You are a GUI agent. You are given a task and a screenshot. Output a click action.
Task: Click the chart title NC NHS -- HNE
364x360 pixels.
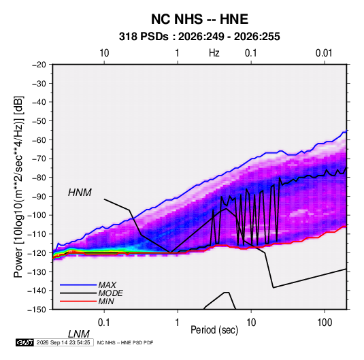tap(199, 19)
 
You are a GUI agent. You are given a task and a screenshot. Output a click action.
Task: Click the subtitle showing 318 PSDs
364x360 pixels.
tap(199, 37)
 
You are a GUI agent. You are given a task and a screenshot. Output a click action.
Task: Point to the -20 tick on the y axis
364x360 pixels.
tap(39, 65)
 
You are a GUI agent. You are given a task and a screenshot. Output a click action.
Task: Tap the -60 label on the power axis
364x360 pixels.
tap(39, 140)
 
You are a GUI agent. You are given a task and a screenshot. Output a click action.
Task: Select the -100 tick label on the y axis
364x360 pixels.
tap(37, 215)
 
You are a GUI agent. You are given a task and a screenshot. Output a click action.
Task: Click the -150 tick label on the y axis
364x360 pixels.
tap(37, 310)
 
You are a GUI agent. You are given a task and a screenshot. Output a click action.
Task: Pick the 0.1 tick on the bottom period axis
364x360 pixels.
tap(104, 323)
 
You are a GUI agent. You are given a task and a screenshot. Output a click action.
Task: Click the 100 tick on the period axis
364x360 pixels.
tap(325, 323)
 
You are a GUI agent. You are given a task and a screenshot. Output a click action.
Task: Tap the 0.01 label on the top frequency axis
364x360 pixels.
tap(324, 53)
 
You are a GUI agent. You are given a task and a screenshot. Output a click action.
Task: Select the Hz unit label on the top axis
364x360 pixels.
tap(214, 53)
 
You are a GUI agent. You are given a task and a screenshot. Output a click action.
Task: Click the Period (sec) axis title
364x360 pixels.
tap(214, 330)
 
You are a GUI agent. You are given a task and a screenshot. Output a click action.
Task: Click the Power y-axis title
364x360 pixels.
tap(18, 186)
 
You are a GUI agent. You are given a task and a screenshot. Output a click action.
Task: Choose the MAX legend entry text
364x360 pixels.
tap(107, 285)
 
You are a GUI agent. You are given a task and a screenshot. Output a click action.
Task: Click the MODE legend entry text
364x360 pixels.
tap(110, 293)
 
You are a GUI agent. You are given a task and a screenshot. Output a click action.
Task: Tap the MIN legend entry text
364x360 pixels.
tap(106, 301)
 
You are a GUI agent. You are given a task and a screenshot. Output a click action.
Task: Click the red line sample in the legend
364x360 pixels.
tap(78, 301)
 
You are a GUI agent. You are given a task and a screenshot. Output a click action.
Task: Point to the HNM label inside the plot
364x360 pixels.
tap(80, 193)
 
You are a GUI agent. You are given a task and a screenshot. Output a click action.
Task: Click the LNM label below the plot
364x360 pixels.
tap(79, 334)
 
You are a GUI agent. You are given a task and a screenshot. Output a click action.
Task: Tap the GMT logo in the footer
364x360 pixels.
tap(25, 342)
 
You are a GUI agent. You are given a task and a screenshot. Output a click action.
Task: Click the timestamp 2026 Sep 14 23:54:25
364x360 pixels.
tap(63, 342)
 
